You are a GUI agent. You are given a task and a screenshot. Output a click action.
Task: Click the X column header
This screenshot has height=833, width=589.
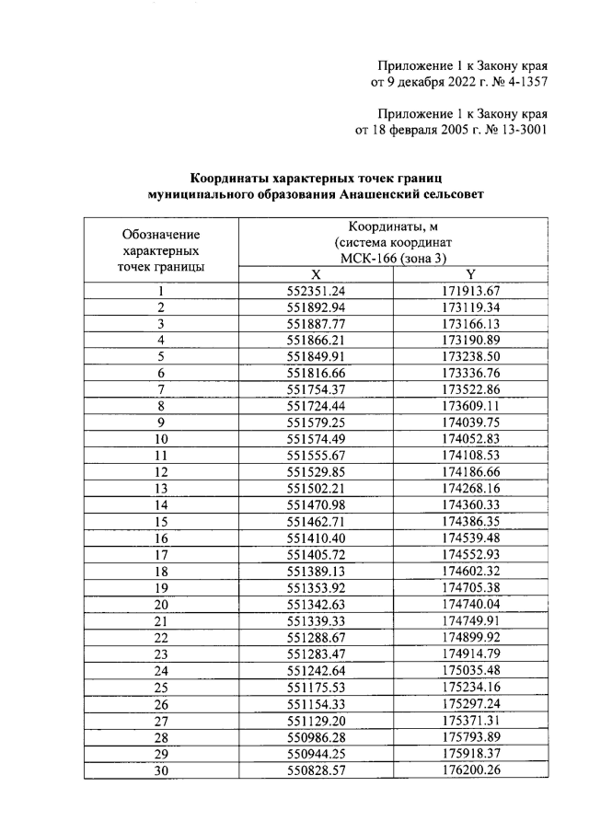coord(316,275)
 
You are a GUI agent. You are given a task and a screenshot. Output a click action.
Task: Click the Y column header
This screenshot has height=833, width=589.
coord(470,275)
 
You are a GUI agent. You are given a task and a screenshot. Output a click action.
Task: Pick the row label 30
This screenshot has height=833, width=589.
coord(160,769)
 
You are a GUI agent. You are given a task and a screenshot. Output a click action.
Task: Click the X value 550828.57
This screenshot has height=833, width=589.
coord(316,769)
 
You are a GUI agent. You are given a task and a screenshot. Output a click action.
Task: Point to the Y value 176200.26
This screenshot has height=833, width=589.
coord(470,769)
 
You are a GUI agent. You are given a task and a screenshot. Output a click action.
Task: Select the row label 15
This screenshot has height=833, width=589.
coord(160,522)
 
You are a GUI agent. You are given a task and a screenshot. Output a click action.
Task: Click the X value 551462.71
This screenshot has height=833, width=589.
coord(316,522)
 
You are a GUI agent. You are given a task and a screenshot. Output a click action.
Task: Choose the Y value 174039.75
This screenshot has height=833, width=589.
coord(470,423)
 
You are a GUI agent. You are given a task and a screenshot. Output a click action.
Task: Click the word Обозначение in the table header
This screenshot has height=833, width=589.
coord(161,234)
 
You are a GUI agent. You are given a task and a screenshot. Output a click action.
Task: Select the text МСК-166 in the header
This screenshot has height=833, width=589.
coord(366,259)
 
